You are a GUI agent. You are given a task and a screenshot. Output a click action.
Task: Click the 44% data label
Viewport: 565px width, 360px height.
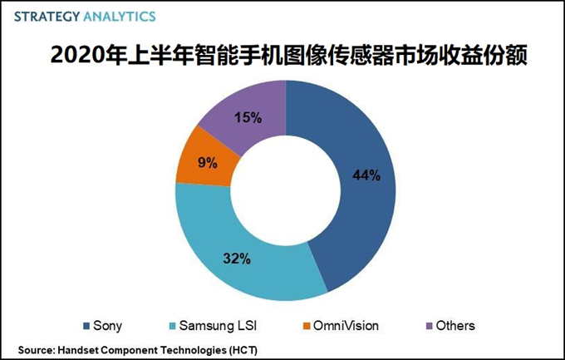click(x=366, y=175)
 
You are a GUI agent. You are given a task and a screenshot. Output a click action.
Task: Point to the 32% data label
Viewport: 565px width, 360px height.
click(x=237, y=259)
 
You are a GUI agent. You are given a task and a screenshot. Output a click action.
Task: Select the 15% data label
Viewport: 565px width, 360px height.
click(x=248, y=117)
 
